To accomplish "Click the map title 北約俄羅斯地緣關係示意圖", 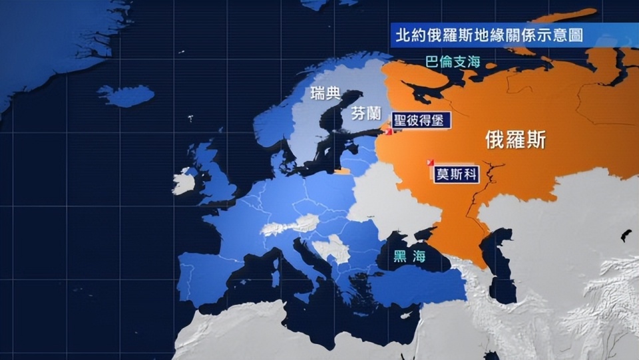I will tap(489, 35).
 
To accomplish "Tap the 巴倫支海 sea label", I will tap(452, 63).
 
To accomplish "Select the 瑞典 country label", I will tap(325, 93).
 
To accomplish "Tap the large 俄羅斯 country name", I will tap(516, 140).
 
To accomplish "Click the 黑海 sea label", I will tap(409, 256).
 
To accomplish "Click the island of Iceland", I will tap(126, 96).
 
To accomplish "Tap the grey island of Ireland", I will tap(184, 181).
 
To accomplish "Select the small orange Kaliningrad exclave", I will tap(342, 171).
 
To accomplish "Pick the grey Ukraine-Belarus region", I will tap(379, 200).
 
